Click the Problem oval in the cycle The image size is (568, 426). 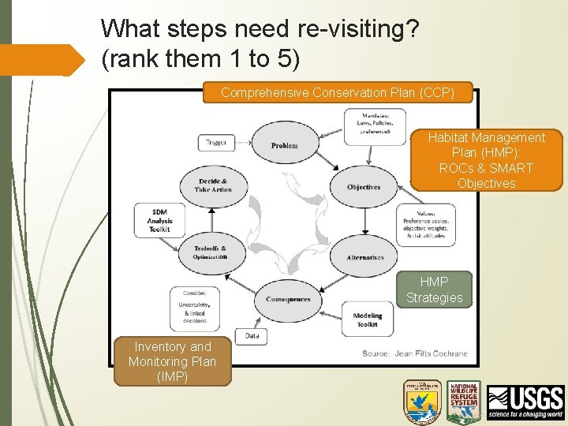click(x=285, y=145)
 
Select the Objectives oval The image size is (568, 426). click(x=364, y=187)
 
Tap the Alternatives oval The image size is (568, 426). click(x=364, y=257)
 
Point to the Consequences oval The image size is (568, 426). click(x=288, y=299)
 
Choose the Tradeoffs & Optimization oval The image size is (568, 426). click(x=211, y=252)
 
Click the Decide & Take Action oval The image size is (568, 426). click(x=213, y=185)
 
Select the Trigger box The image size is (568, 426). click(x=217, y=143)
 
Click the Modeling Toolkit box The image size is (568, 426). click(x=368, y=319)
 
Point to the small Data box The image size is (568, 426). click(x=252, y=335)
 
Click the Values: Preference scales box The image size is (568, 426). click(x=427, y=224)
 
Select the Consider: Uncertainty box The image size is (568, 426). click(x=194, y=308)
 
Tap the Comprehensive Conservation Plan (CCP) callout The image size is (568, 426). click(x=338, y=93)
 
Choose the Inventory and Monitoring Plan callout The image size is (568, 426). click(x=173, y=362)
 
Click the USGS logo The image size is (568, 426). click(x=525, y=402)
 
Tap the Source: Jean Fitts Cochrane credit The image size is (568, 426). click(x=415, y=353)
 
